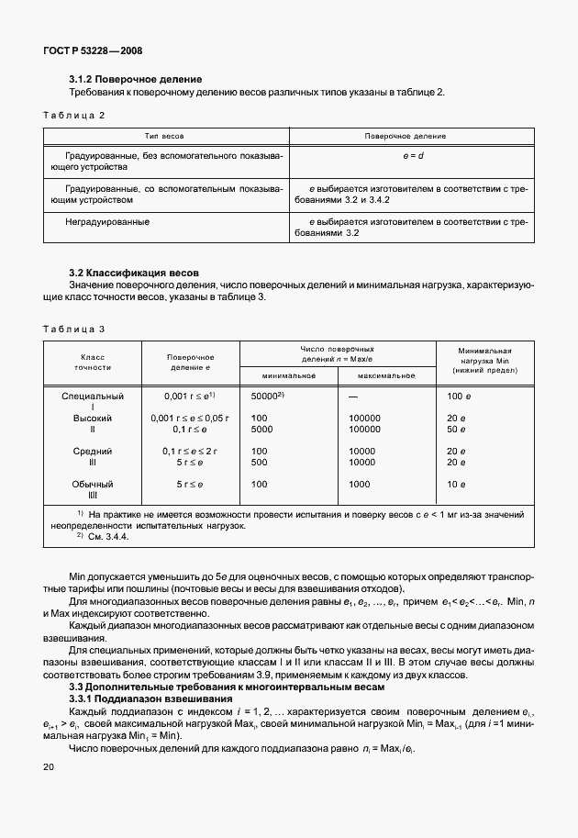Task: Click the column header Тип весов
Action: click(166, 135)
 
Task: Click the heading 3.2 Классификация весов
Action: click(134, 274)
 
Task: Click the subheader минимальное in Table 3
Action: click(289, 375)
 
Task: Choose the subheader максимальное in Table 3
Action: click(386, 375)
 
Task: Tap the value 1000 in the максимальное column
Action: click(359, 484)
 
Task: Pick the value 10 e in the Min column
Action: click(456, 484)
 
